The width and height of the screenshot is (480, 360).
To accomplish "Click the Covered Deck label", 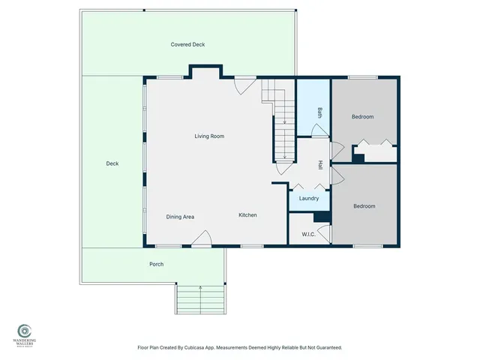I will [187, 45].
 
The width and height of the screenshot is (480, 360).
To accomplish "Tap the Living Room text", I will [209, 136].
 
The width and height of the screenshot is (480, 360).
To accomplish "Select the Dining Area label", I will [180, 217].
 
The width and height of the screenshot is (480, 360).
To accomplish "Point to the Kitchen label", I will [247, 215].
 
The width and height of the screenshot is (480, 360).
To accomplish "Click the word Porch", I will [156, 264].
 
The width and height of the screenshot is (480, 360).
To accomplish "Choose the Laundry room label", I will [309, 199].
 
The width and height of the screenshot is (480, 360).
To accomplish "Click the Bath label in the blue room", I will [319, 113].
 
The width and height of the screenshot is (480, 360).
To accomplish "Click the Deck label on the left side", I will [112, 163].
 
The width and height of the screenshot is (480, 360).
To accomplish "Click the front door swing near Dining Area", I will [201, 239].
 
